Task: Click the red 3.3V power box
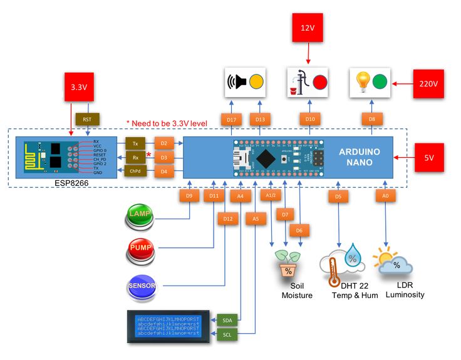(79, 87)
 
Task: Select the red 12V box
(308, 28)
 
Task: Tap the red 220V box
(429, 83)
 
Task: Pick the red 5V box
(429, 157)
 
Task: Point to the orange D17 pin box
(231, 119)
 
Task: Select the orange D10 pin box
(309, 119)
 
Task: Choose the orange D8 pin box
(371, 119)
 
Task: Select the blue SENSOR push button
(142, 286)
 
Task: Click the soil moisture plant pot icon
(288, 266)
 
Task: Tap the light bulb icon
(363, 81)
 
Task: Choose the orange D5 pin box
(338, 196)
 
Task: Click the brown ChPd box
(136, 171)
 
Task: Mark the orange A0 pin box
(386, 196)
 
